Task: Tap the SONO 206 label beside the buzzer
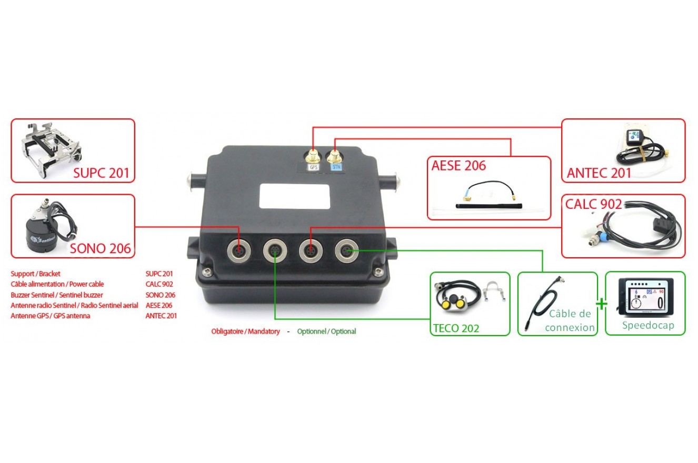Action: pos(100,248)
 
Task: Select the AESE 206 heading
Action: pos(458,166)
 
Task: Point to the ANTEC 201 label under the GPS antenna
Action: pos(599,173)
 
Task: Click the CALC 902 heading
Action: pos(593,204)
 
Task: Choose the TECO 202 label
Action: pos(456,328)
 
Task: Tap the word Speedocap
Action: pos(647,325)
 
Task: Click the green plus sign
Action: pos(601,304)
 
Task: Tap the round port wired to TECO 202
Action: pos(275,250)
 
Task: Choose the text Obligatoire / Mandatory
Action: pos(245,331)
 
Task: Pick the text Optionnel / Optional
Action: pos(326,331)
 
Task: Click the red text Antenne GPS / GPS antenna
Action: pos(50,316)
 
